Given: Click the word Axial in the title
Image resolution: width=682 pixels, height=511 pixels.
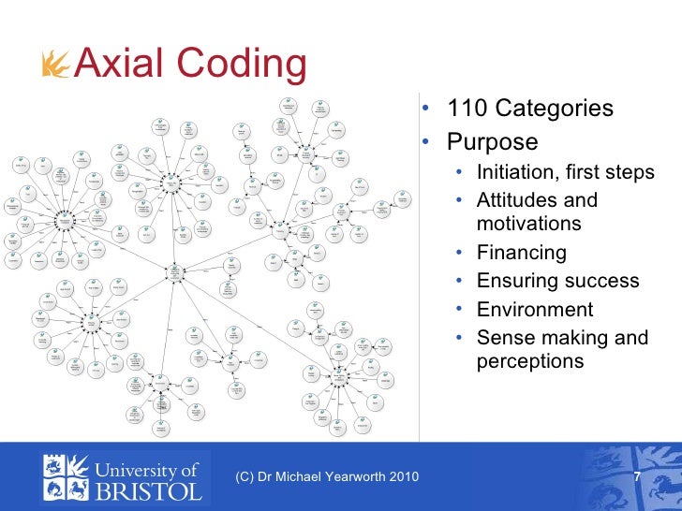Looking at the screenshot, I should coord(118,64).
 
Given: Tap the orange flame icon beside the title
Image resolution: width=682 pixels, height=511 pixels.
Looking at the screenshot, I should coord(55,65).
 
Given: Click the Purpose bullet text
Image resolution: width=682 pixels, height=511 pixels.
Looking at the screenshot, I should coord(492,142).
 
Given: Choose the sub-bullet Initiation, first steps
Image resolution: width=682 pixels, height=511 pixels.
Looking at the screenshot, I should coord(565,173).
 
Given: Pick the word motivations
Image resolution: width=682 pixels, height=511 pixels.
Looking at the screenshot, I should coord(528,224).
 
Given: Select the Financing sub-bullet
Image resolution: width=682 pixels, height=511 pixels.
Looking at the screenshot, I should coord(521,253).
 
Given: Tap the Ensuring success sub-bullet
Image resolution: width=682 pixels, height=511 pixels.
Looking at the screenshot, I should coord(557,281).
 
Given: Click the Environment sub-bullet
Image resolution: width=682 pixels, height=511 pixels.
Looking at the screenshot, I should coord(534,310).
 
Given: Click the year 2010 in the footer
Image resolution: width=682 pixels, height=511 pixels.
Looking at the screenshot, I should coord(405,478).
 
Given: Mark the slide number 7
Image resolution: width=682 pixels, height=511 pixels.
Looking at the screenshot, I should coord(637,478).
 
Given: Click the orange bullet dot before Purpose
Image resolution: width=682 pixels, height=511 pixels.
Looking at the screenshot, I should coord(424,143).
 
